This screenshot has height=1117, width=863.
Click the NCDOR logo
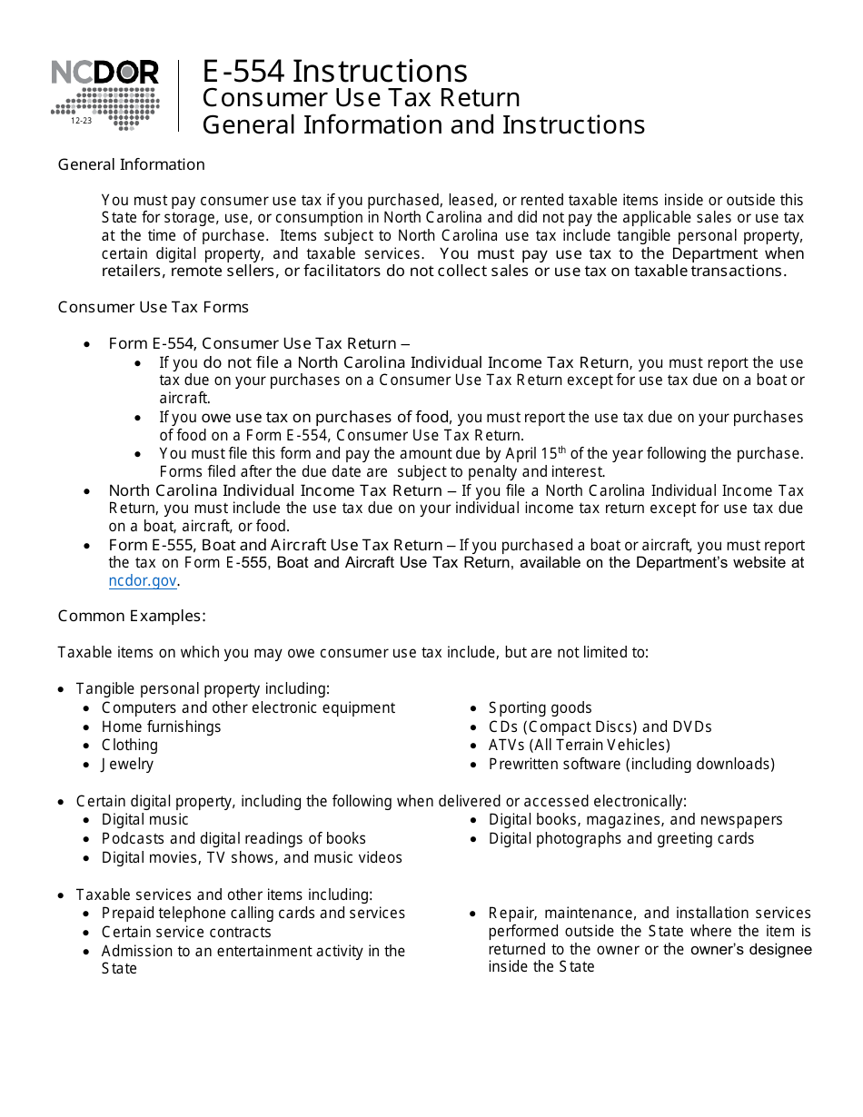pos(104,94)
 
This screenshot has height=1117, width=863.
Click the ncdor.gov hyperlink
pos(143,581)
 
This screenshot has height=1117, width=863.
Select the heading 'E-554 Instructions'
pos(334,71)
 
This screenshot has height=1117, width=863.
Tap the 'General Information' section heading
pos(131,164)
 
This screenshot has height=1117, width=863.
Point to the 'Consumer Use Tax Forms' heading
pos(153,307)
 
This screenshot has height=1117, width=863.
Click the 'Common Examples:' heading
pos(132,616)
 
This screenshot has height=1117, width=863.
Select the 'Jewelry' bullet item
pos(127,764)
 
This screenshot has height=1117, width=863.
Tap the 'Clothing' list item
pos(129,745)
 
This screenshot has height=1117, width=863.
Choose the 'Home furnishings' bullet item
pos(161,727)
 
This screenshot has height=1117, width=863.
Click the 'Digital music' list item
pos(144,819)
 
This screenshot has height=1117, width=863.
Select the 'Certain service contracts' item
pos(186,932)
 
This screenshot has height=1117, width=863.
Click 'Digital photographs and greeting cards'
pos(620,838)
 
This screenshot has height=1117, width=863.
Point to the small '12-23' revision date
pos(82,120)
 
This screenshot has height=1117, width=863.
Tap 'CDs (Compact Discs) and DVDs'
pos(600,727)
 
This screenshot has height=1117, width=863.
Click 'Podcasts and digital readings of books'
pos(233,838)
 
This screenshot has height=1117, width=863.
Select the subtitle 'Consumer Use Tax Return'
pos(361,97)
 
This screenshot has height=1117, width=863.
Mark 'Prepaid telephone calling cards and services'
pos(253,913)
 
